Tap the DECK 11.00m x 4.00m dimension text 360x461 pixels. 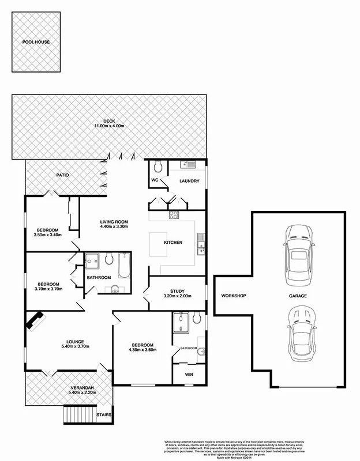click(x=110, y=126)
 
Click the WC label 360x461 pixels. click(x=155, y=180)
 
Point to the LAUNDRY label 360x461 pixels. click(x=189, y=181)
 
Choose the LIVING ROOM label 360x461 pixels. click(x=113, y=222)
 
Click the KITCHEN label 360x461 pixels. click(x=173, y=243)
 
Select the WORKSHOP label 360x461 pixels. click(x=233, y=296)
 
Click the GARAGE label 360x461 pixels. click(x=299, y=296)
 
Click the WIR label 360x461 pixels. click(x=189, y=373)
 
